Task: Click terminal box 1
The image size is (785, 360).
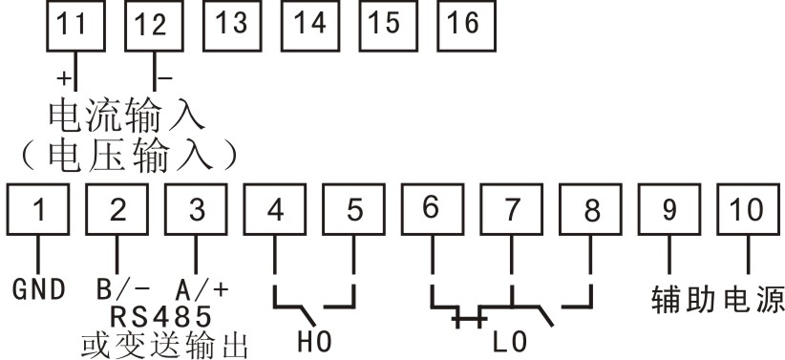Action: tap(39, 210)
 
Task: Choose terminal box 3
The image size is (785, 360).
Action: tap(196, 210)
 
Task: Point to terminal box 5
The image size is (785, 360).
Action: tap(354, 210)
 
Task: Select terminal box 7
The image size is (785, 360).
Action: tap(512, 210)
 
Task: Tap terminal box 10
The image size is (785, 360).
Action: tap(748, 210)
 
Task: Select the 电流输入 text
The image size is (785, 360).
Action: tap(127, 116)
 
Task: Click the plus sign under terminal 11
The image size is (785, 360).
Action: tap(63, 75)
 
